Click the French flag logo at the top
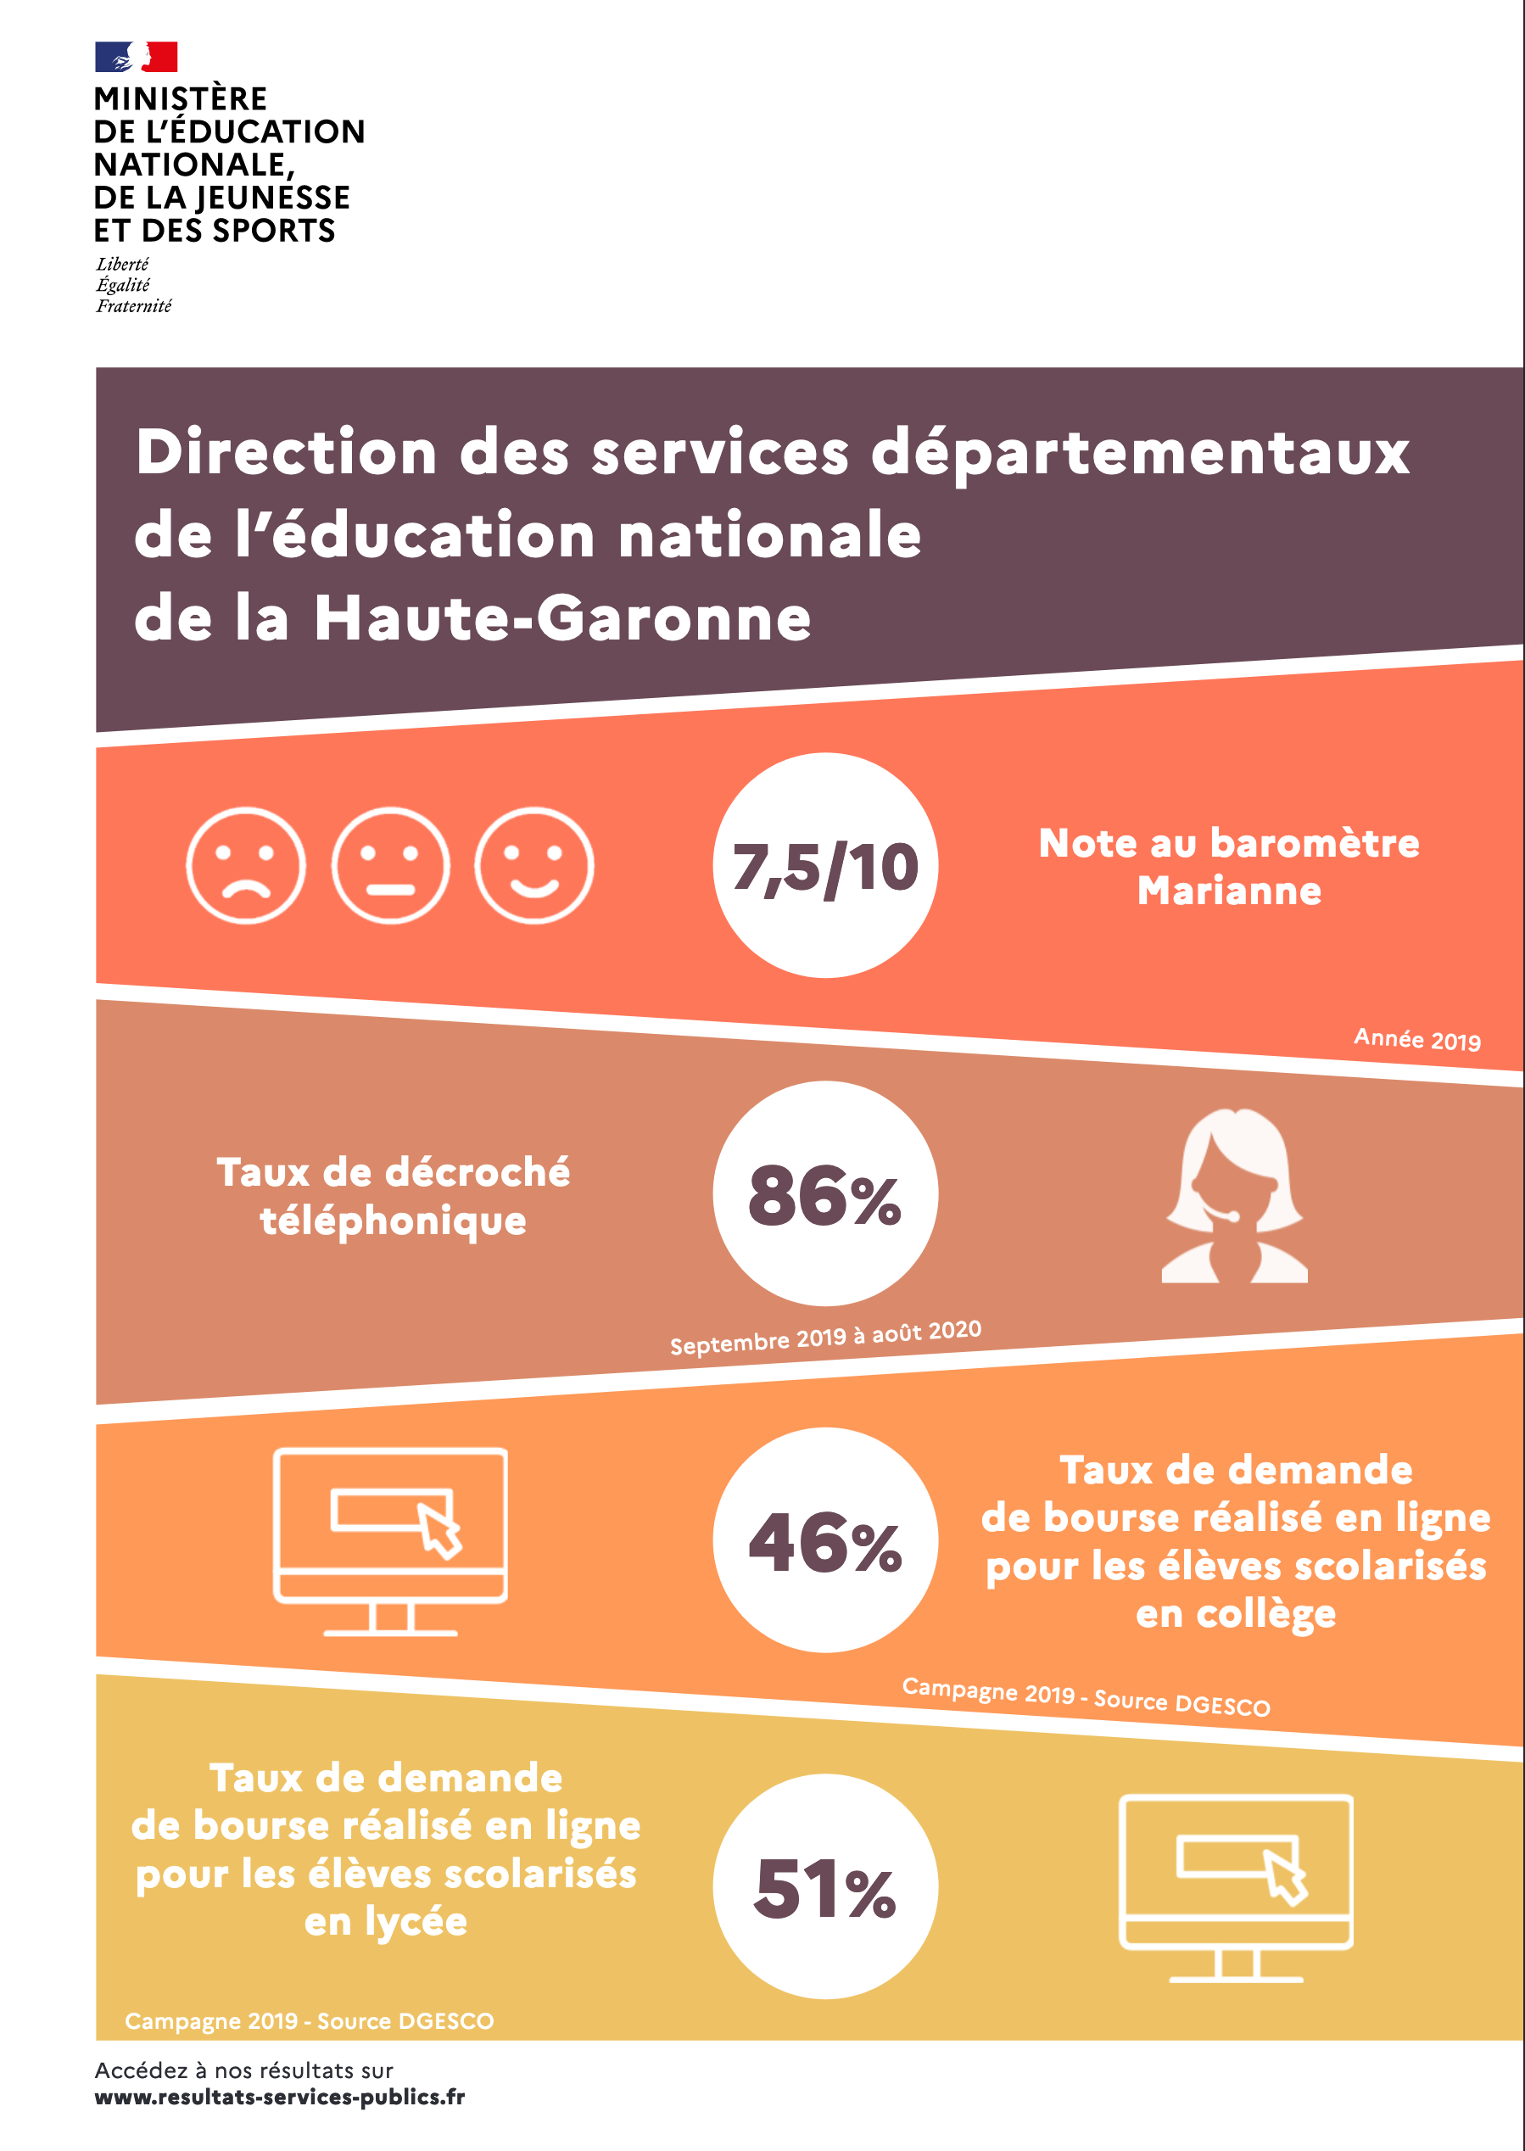click(137, 58)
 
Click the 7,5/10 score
click(825, 866)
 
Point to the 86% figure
click(825, 1194)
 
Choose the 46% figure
click(825, 1542)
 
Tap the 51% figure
click(825, 1888)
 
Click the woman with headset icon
click(1235, 1196)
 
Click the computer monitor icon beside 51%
click(1236, 1888)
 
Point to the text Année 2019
click(1417, 1039)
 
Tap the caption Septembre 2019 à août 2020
click(825, 1337)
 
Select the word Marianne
click(1229, 890)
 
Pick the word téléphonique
click(394, 1221)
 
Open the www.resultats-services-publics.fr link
click(280, 2097)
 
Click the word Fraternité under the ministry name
click(133, 306)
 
